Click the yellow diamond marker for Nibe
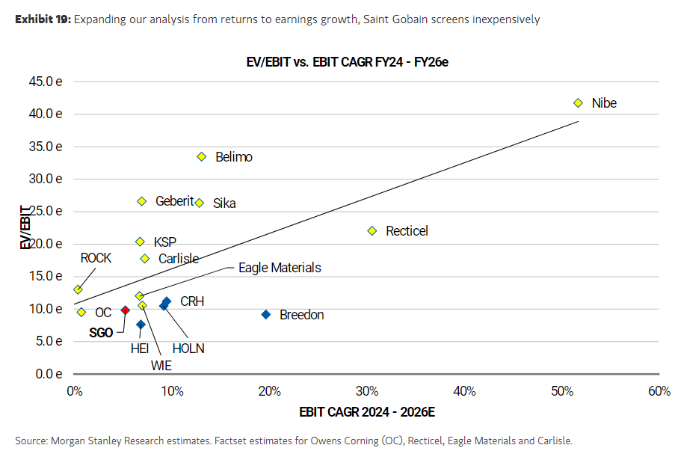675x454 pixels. (578, 103)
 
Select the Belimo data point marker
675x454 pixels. (201, 156)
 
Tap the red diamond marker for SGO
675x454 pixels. (126, 310)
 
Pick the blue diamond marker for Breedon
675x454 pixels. (266, 314)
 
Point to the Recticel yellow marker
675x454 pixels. (372, 231)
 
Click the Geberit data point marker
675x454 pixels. (142, 201)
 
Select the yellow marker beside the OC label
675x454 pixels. (81, 312)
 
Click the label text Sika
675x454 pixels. (224, 203)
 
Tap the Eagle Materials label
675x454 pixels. (280, 267)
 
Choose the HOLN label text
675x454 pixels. (188, 349)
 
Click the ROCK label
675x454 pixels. (96, 258)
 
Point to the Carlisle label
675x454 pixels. (179, 259)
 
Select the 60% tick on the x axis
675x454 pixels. (659, 391)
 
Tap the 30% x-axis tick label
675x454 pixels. (366, 391)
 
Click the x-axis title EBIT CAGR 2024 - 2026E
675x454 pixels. (366, 411)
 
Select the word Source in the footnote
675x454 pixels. (30, 441)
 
